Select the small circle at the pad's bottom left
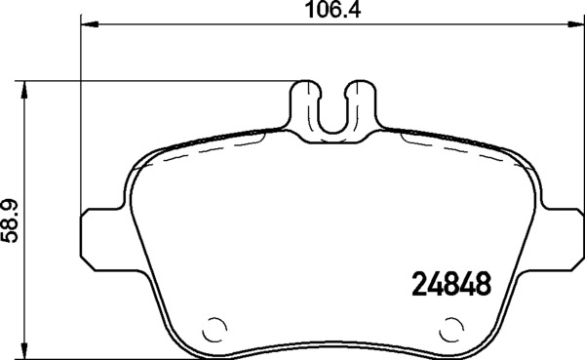point(216,329)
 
